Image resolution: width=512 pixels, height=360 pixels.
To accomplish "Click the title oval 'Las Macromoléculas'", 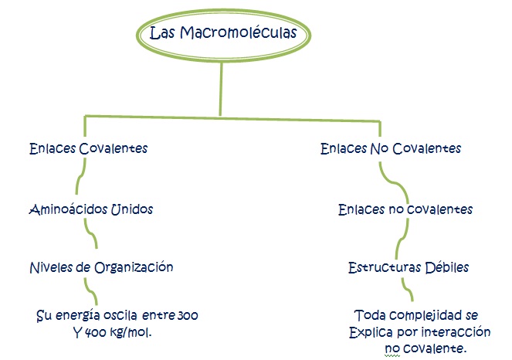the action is tap(222, 34).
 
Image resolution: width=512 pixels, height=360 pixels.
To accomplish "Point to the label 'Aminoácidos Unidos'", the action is tap(90, 209).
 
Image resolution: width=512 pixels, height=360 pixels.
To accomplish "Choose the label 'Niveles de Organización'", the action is tap(100, 267).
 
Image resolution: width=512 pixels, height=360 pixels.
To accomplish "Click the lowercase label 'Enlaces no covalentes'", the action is tap(405, 209).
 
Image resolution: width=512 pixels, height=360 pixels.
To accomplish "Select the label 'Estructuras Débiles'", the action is tap(408, 267).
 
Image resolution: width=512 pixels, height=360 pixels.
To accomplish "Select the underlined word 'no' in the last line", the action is tap(392, 349).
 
